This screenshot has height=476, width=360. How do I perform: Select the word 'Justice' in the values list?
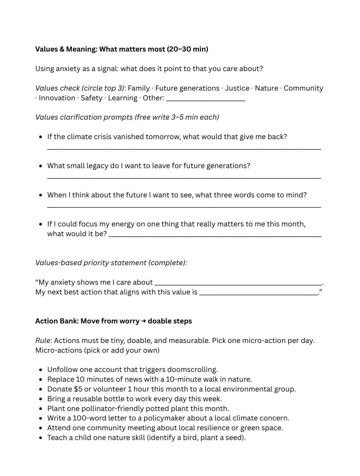[237, 88]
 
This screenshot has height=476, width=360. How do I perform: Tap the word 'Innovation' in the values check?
[57, 98]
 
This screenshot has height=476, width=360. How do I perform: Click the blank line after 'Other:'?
[206, 100]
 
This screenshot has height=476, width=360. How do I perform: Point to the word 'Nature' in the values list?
[266, 88]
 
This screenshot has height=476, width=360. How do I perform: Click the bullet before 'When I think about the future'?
[41, 195]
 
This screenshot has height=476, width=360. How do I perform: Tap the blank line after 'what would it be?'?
[215, 236]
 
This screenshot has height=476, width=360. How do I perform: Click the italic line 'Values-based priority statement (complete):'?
[111, 263]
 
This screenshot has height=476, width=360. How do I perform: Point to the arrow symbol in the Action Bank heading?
[143, 321]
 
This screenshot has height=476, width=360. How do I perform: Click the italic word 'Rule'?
[43, 341]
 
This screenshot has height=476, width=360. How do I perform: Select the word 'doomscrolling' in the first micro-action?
[192, 370]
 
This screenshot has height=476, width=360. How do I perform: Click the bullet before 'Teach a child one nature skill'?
[41, 438]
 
